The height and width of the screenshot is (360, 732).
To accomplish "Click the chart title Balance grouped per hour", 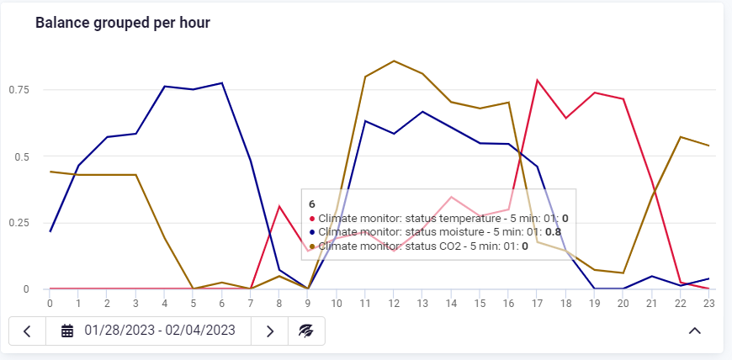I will point(123,23).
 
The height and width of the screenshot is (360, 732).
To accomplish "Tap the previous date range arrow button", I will point(27,331).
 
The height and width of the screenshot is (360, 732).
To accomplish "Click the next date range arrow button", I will point(270,331).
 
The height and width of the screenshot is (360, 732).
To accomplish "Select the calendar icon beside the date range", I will point(67,331).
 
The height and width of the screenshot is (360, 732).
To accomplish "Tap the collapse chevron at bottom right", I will point(695,331).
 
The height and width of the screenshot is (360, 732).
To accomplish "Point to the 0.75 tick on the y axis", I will point(20,90).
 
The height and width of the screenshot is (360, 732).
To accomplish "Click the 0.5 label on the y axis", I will point(24,156).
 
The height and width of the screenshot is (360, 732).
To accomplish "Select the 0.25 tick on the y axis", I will point(20,223).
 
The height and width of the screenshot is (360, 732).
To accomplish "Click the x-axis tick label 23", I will point(708,304).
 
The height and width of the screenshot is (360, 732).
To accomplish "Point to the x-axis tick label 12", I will point(393,304).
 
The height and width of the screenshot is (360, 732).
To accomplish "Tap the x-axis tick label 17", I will point(536,304).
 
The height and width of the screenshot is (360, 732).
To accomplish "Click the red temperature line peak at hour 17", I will point(537,80).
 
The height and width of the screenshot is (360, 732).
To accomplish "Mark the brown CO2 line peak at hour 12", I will point(394,61).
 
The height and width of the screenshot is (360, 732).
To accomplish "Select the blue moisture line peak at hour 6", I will point(221,82).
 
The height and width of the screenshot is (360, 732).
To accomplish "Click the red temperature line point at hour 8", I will point(278,206).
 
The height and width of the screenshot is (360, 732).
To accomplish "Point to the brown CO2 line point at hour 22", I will point(680,136).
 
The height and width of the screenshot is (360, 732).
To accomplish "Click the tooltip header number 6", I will point(312,204).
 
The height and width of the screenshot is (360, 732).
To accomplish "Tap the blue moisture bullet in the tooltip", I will point(312,232).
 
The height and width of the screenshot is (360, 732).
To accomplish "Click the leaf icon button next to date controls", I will point(306,331).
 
